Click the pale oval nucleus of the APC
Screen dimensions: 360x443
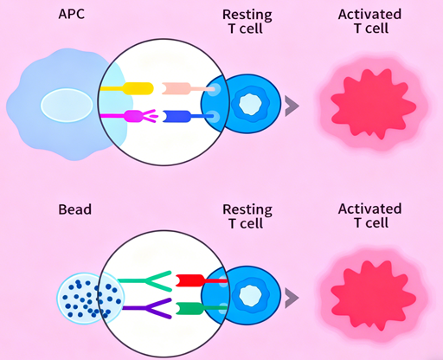coord(64,106)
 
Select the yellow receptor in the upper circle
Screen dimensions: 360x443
coord(128,88)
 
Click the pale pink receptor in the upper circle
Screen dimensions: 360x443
coord(183,88)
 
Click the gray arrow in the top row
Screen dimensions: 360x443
coord(292,105)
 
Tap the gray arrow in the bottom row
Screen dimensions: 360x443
coord(292,297)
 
